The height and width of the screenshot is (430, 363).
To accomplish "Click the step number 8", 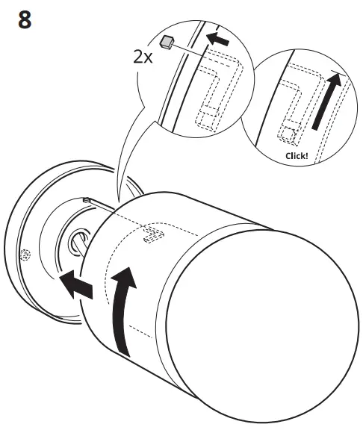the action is tap(25, 19).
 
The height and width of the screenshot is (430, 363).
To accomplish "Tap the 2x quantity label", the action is tap(143, 57).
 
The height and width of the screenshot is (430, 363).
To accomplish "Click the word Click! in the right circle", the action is tap(297, 156).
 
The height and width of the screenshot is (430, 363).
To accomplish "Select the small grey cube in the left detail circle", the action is tap(167, 43).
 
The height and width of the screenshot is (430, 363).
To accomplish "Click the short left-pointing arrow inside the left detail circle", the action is tap(217, 39).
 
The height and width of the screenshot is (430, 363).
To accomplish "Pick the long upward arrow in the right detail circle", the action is tap(327, 101).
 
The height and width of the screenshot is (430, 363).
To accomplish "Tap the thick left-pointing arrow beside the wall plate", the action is tap(76, 284).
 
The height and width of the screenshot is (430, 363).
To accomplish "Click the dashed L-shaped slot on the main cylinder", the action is tap(154, 234).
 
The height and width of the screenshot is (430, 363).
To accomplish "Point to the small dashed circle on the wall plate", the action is tap(25, 255).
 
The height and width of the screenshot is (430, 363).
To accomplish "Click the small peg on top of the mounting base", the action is tap(87, 200).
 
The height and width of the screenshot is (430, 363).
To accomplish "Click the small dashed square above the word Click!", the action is tap(288, 136).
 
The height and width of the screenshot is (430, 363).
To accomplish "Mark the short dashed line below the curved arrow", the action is tap(140, 331).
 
